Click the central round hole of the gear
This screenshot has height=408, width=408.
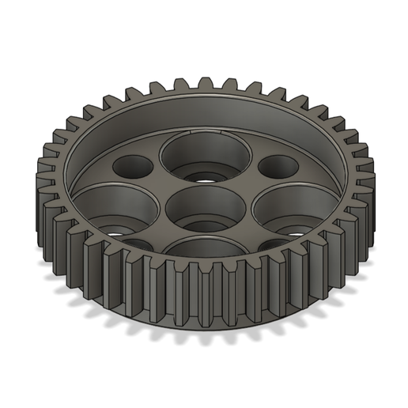pos(205,207)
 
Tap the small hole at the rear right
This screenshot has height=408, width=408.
pos(277,167)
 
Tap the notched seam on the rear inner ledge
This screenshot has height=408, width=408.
pos(192,127)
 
